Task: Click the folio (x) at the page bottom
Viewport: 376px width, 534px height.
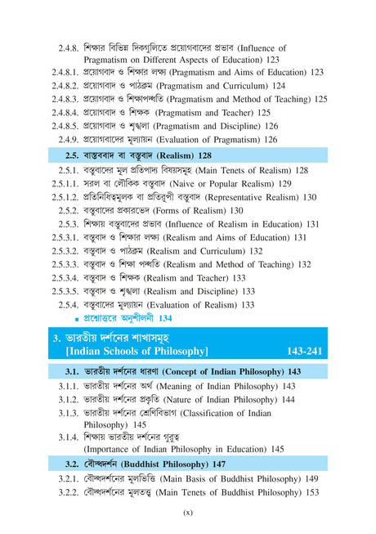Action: pyautogui.click(x=187, y=514)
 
